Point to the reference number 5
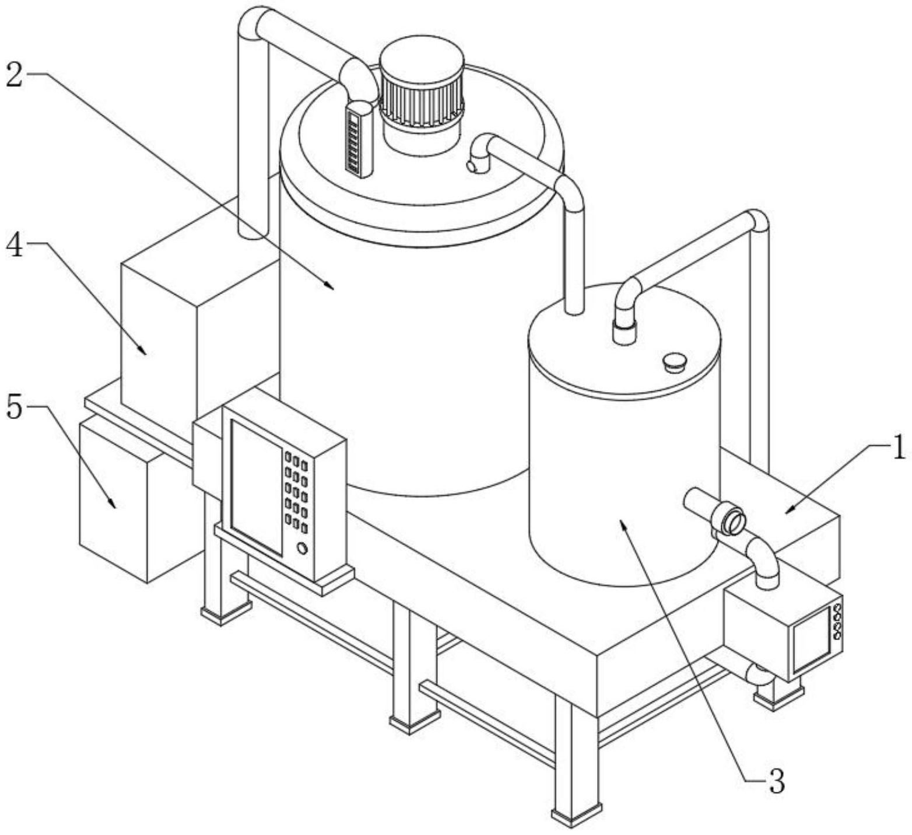click(15, 407)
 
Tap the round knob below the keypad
click(302, 548)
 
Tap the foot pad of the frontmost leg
click(576, 815)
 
